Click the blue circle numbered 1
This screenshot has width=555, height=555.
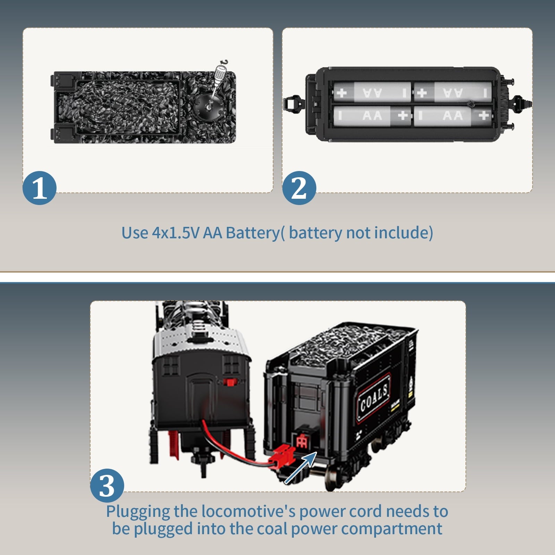[x=39, y=188]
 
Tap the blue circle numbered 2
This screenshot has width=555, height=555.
[x=299, y=188]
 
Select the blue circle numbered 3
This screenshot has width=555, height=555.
[x=107, y=486]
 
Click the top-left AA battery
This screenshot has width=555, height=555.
[x=371, y=92]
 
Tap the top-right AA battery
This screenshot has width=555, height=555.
[x=453, y=92]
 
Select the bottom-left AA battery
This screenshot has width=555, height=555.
[x=371, y=116]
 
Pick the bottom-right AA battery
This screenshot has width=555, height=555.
[x=453, y=116]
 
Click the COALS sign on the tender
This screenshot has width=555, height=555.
[x=374, y=398]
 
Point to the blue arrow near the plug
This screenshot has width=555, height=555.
[x=300, y=468]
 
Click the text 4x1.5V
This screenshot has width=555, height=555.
[x=176, y=233]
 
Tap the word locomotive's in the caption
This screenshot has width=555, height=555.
[x=248, y=511]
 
